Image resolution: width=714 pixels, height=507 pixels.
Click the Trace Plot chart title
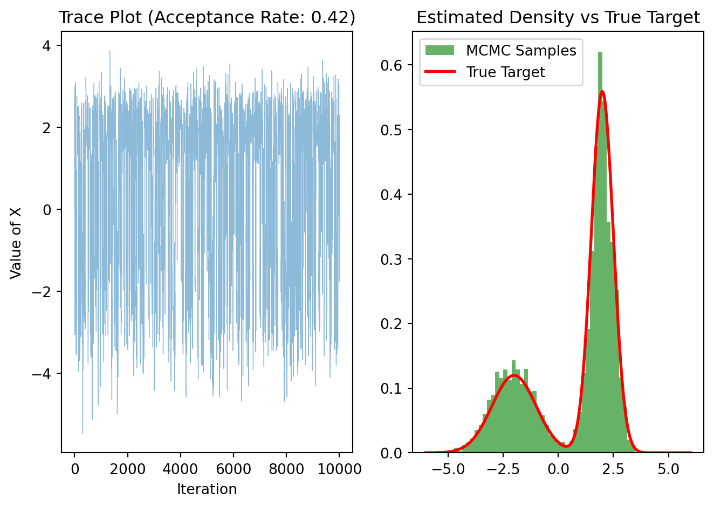[207, 18]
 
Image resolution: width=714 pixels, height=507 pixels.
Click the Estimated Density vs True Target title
[558, 18]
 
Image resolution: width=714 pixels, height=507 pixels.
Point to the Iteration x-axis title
[207, 489]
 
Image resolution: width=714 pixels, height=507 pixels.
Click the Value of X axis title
[16, 242]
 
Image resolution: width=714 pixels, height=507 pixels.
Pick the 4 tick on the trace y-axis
[47, 46]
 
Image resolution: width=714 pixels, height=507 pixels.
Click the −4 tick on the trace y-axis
[44, 374]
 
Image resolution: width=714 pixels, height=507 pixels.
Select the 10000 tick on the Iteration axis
[339, 469]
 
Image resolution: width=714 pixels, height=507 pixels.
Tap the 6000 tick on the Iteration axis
[233, 469]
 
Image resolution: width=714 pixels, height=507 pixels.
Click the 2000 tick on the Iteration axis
[127, 469]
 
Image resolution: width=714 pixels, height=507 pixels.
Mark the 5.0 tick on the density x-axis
[669, 469]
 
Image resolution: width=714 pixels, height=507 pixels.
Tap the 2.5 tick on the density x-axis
[614, 469]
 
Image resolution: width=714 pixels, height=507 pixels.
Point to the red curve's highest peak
[602, 92]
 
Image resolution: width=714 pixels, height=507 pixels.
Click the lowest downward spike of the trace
[83, 433]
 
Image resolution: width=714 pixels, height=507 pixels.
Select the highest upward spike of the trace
[110, 51]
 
